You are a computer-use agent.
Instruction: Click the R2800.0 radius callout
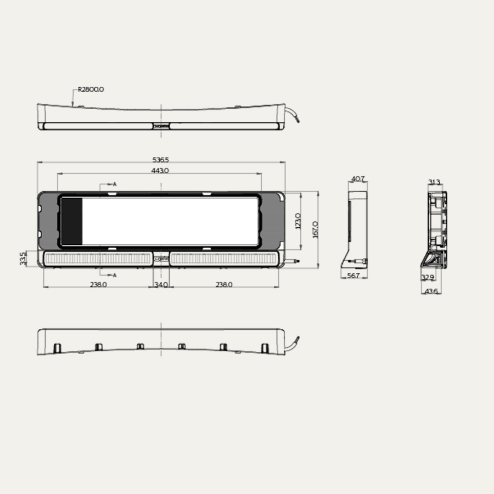point(91,88)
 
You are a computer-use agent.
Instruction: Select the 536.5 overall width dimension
point(160,160)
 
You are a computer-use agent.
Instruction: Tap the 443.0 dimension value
point(160,171)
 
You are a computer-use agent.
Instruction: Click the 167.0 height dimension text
point(315,229)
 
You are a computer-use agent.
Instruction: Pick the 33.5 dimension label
point(23,258)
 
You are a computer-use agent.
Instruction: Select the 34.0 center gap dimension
point(161,284)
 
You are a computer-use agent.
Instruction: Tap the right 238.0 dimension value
point(224,284)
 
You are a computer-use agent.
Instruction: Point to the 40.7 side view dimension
point(357,179)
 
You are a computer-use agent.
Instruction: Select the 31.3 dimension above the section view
point(434,182)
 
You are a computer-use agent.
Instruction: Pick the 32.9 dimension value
point(428,278)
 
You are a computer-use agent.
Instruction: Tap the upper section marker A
point(114,184)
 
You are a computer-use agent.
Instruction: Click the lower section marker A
point(114,274)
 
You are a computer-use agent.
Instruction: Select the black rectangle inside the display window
point(71,221)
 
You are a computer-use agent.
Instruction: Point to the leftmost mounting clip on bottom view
point(57,347)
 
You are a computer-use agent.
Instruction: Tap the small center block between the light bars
point(161,259)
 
